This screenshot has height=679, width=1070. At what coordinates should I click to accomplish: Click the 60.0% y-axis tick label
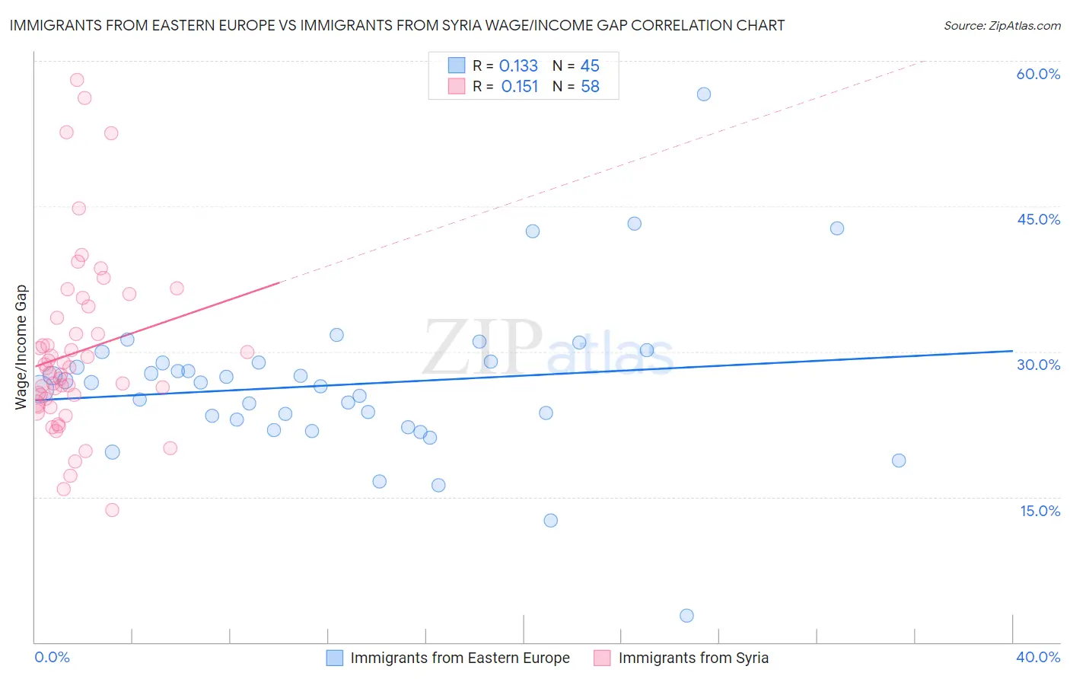(x=1038, y=74)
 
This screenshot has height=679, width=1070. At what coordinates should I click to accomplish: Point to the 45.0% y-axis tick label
(x=1038, y=219)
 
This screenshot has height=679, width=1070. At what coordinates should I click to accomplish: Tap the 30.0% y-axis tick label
(x=1038, y=365)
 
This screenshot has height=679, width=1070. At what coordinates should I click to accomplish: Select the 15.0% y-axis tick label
(x=1040, y=511)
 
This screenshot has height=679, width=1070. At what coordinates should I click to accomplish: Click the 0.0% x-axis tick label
(x=52, y=657)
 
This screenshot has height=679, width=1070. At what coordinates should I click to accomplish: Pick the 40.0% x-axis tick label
(x=1038, y=657)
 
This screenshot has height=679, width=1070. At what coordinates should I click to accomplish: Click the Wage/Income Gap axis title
(x=21, y=347)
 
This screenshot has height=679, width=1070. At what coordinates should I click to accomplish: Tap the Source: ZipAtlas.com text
(x=1002, y=26)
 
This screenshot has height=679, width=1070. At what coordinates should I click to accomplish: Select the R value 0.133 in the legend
(x=518, y=66)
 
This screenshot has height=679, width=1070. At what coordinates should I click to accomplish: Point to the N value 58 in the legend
(x=590, y=87)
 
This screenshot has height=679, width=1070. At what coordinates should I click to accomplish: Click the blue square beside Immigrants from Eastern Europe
(x=335, y=658)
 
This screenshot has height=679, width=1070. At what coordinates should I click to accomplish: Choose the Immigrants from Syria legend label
(x=693, y=658)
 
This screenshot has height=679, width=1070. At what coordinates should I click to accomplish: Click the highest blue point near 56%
(x=704, y=94)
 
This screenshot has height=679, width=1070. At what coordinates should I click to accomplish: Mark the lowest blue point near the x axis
(x=686, y=616)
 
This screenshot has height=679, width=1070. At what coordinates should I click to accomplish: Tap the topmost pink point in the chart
(x=77, y=80)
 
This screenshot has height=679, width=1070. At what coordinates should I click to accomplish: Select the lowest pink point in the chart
(x=112, y=510)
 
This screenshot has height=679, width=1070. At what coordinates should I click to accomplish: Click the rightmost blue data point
(x=899, y=461)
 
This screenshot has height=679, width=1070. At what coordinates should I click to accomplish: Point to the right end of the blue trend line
(x=1012, y=351)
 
